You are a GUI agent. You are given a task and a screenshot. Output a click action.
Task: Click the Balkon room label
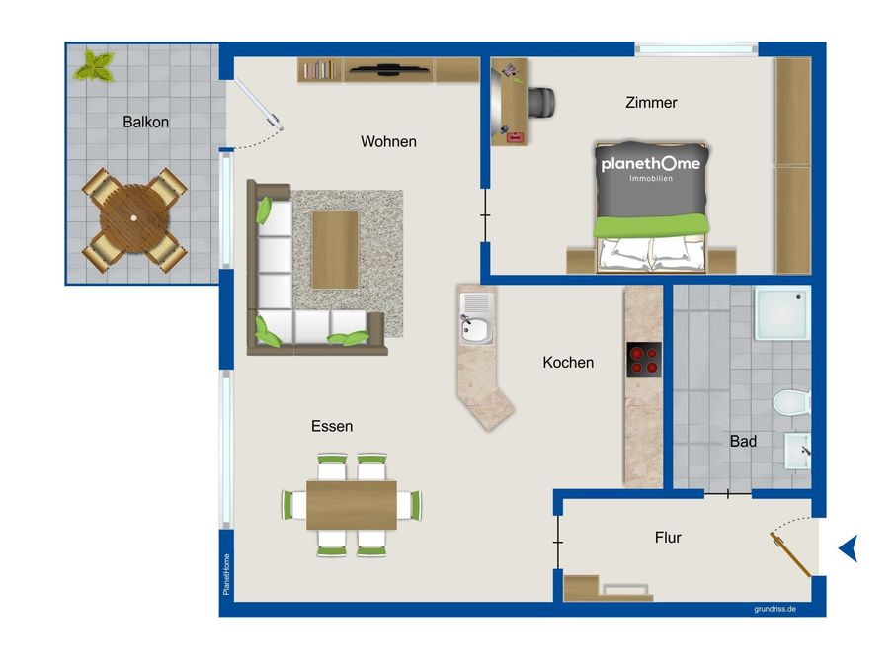tap(145, 123)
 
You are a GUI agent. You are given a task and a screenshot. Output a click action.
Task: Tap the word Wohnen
tap(388, 141)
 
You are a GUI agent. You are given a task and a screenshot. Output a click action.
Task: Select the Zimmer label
tap(651, 102)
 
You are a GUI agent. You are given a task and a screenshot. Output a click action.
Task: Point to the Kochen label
tap(568, 363)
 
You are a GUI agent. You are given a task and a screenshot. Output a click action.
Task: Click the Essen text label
tap(332, 426)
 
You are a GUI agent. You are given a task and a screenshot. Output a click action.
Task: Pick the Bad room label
tap(743, 442)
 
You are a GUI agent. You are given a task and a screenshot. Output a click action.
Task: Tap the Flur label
tap(668, 538)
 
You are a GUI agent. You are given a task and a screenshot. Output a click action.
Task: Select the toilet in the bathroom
tap(792, 403)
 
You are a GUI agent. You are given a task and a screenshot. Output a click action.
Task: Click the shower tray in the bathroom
tap(783, 314)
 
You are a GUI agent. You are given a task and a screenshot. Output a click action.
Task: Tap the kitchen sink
tap(475, 318)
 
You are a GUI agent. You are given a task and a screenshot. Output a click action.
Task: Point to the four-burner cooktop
tap(644, 359)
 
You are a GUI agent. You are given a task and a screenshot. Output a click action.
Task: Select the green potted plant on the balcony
tap(96, 66)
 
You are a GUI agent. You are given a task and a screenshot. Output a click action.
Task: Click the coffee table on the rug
tap(334, 249)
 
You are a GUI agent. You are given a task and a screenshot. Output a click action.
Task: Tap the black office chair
tap(540, 101)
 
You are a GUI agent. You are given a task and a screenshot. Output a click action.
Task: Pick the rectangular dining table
tap(351, 504)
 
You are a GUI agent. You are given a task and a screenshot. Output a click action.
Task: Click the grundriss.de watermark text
tap(774, 609)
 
